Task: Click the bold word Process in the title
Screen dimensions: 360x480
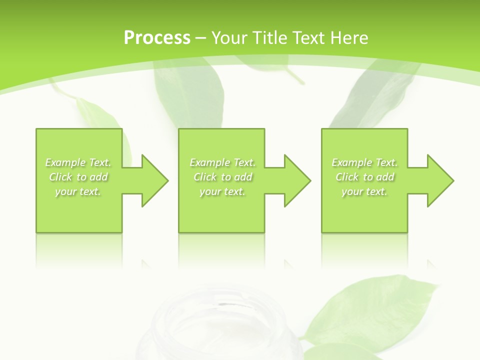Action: tap(157, 38)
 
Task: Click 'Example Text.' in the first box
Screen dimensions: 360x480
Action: tap(78, 162)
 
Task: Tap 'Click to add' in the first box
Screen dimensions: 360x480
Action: tap(78, 177)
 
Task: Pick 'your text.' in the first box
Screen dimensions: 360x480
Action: tap(78, 191)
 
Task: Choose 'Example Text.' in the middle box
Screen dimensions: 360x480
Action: tap(222, 162)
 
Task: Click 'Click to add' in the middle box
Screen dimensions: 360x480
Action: tap(222, 177)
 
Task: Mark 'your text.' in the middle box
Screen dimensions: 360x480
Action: tap(222, 191)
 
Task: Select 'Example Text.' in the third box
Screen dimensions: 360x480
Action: tap(364, 162)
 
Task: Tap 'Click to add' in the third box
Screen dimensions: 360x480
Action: tap(364, 177)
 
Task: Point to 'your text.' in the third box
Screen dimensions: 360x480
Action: tap(364, 191)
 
